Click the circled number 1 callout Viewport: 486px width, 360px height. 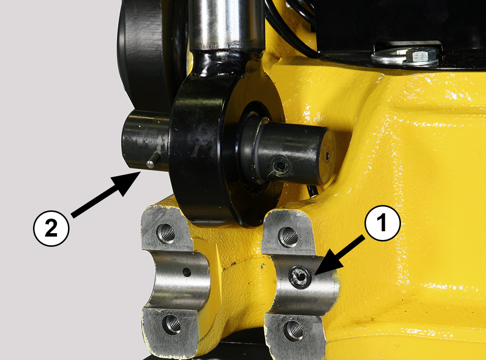click(x=382, y=223)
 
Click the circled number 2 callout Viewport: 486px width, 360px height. click(x=51, y=229)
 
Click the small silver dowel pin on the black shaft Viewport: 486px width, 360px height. click(x=153, y=160)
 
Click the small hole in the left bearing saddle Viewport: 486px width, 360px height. click(x=187, y=273)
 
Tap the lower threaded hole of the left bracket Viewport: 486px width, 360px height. click(x=172, y=324)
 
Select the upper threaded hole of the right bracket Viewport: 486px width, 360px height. click(x=288, y=237)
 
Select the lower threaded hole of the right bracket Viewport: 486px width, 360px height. click(x=293, y=330)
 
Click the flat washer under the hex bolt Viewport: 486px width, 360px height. click(x=403, y=57)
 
